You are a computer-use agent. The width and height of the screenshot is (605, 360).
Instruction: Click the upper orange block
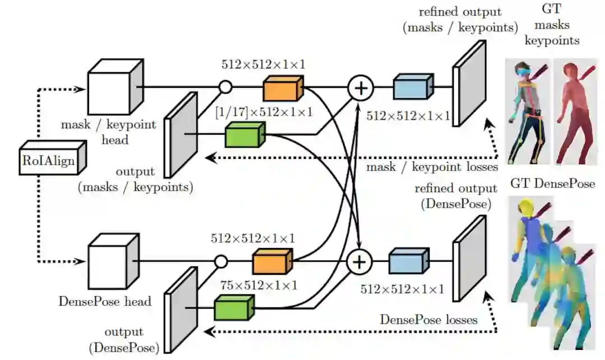click(x=283, y=88)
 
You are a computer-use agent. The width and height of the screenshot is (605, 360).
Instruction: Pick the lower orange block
click(x=272, y=261)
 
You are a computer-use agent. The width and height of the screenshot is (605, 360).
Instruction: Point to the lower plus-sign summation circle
click(x=360, y=261)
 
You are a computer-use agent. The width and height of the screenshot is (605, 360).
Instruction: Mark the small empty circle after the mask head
click(x=225, y=87)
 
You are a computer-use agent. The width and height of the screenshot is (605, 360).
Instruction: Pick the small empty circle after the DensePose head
click(x=221, y=261)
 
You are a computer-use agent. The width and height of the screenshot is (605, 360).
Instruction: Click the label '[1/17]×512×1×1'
click(x=263, y=112)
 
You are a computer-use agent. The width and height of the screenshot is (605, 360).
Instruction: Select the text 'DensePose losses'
click(x=429, y=320)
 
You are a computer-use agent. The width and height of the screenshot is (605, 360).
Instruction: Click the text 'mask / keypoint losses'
click(x=431, y=166)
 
